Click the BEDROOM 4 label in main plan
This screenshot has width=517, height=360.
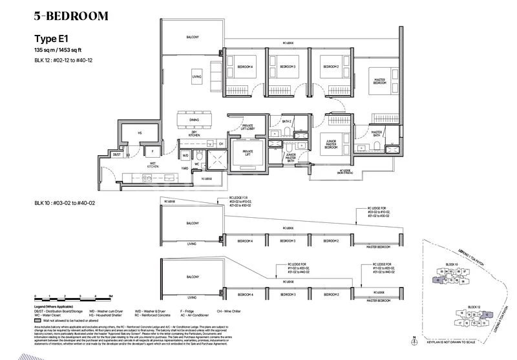pyautogui.click(x=245, y=67)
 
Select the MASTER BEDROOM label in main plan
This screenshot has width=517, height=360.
pyautogui.click(x=379, y=81)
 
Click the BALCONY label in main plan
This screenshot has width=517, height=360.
pyautogui.click(x=193, y=37)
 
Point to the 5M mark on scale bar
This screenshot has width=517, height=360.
pyautogui.click(x=111, y=295)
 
